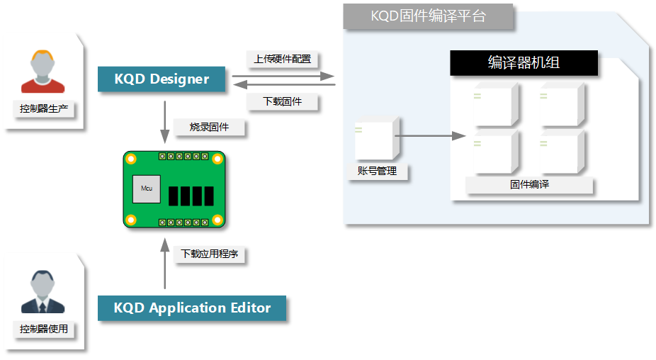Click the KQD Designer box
click(162, 79)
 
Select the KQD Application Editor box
click(192, 308)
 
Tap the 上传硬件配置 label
click(282, 59)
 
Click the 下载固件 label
click(282, 102)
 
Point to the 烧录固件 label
click(208, 128)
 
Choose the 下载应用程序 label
click(209, 254)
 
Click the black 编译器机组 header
click(524, 62)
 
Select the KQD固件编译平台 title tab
click(428, 16)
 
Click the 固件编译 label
click(529, 185)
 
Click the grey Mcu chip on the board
click(147, 189)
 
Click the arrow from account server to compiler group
click(429, 135)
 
